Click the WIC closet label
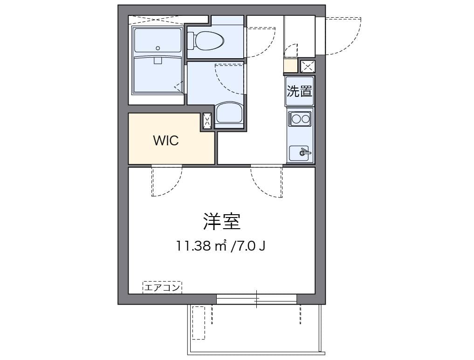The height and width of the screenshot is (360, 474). [166, 141]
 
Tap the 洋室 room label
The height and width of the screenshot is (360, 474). [221, 222]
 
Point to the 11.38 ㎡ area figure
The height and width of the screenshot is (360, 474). [202, 246]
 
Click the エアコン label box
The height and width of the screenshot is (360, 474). [162, 287]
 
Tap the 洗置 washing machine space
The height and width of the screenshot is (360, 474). [299, 91]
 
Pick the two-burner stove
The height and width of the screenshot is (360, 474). [300, 119]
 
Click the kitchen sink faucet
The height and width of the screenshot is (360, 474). [304, 153]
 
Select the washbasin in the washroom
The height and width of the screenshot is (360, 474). [229, 113]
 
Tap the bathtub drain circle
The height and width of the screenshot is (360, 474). [158, 48]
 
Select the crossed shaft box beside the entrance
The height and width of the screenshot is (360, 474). [308, 67]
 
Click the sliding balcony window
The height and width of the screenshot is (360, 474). [256, 299]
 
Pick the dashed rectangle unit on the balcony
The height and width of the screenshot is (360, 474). [198, 323]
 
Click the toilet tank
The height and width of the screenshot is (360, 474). [191, 41]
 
